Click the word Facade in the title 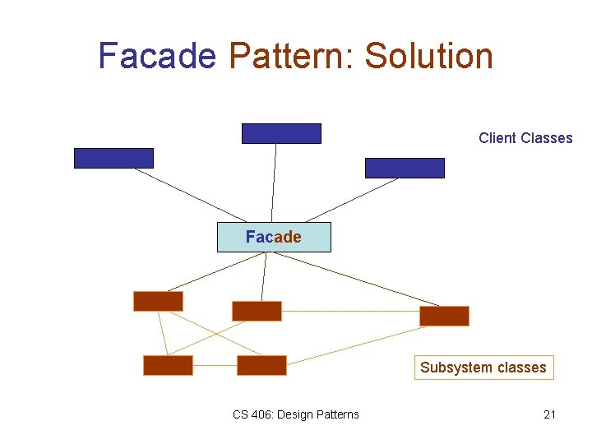pos(157,56)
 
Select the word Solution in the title pos(429,56)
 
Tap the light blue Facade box pos(274,237)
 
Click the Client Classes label pos(525,138)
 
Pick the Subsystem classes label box pos(483,368)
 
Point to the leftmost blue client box pos(113,158)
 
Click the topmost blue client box pos(281,133)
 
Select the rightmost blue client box pos(405,168)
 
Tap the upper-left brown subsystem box pos(158,301)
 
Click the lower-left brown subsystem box pos(168,365)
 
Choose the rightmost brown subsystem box pos(444,316)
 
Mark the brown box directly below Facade pos(257,311)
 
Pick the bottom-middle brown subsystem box pos(261,365)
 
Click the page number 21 pos(549,414)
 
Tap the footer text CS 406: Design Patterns pos(296,414)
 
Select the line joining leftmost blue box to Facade pos(186,196)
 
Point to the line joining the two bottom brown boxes pos(215,365)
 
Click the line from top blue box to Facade pos(275,183)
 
